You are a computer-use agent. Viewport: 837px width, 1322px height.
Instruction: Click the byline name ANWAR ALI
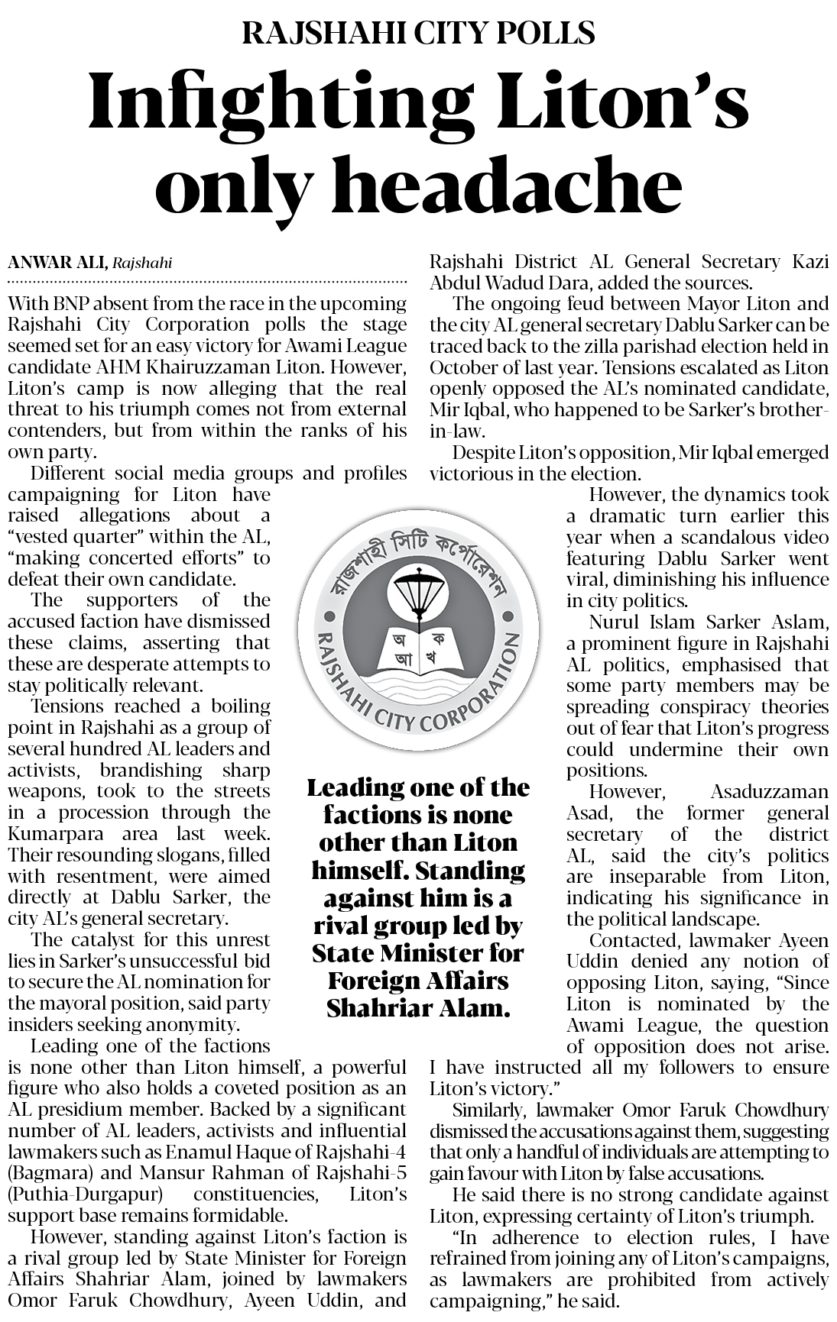point(57,263)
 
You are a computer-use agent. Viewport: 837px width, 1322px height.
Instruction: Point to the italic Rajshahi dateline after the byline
point(142,263)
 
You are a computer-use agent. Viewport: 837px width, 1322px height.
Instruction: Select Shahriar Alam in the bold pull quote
point(417,1008)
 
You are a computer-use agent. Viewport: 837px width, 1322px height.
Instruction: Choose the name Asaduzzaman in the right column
point(769,792)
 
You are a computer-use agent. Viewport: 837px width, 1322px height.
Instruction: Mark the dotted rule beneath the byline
point(206,282)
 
